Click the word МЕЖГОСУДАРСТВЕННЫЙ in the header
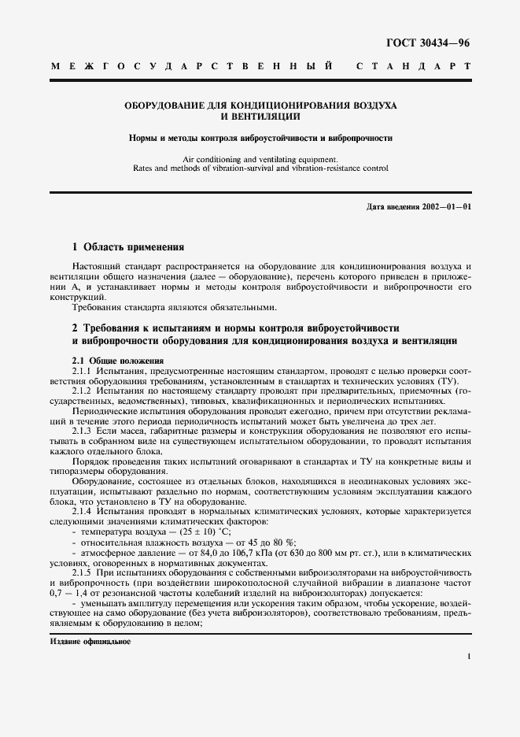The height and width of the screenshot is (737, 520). [x=197, y=68]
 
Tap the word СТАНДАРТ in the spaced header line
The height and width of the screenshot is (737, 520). [x=414, y=68]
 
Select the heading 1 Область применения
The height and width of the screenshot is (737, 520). [x=127, y=246]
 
